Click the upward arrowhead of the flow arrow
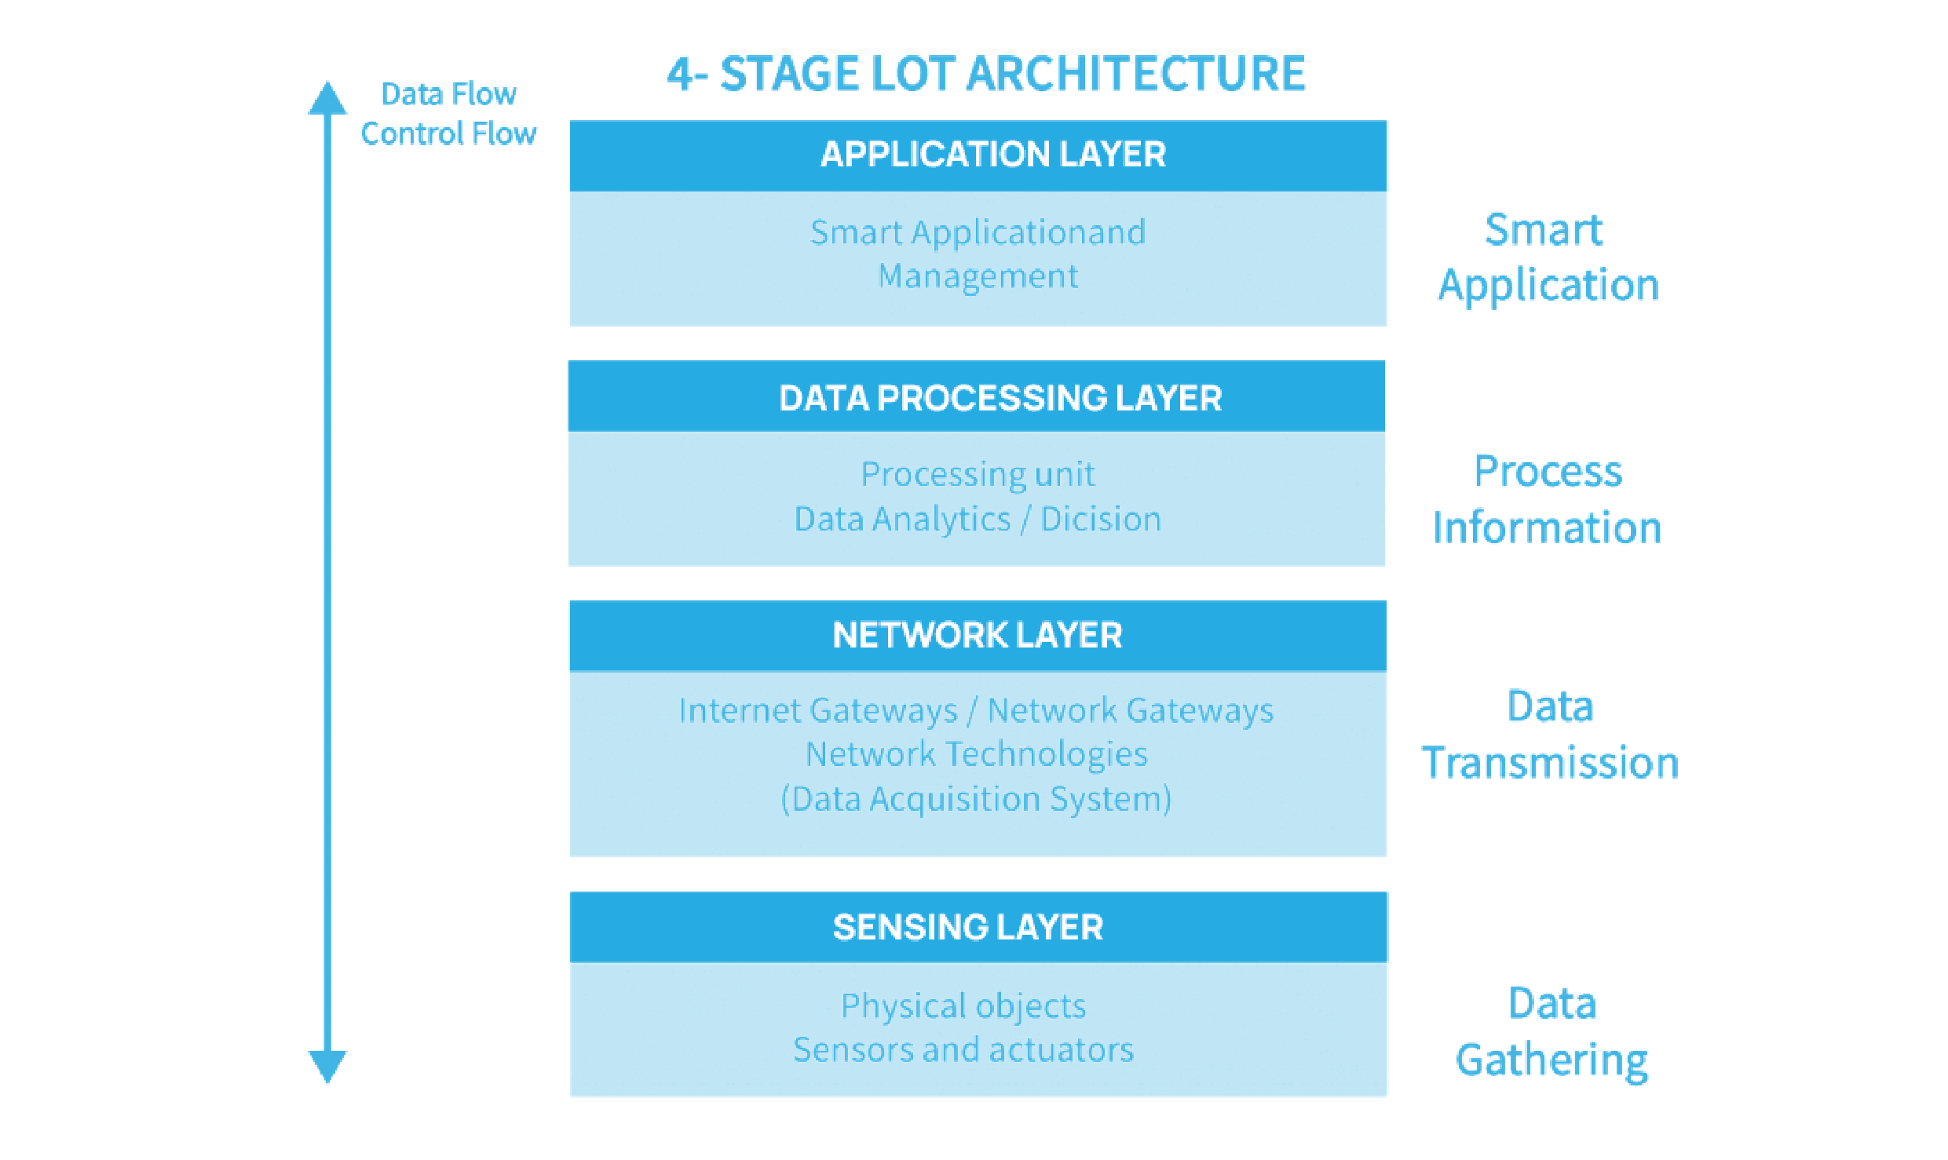327,99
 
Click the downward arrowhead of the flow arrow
327,1066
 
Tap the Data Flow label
448,94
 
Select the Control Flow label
448,133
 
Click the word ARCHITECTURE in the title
1136,75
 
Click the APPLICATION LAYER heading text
993,154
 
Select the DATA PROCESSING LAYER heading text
1000,399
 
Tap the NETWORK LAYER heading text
978,635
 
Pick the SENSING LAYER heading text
968,928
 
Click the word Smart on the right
1544,231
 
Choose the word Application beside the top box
1548,286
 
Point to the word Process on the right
1548,472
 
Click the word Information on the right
1547,527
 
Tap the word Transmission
1551,764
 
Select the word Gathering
1551,1061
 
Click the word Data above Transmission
1550,706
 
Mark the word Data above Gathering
1552,1004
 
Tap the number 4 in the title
680,75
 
